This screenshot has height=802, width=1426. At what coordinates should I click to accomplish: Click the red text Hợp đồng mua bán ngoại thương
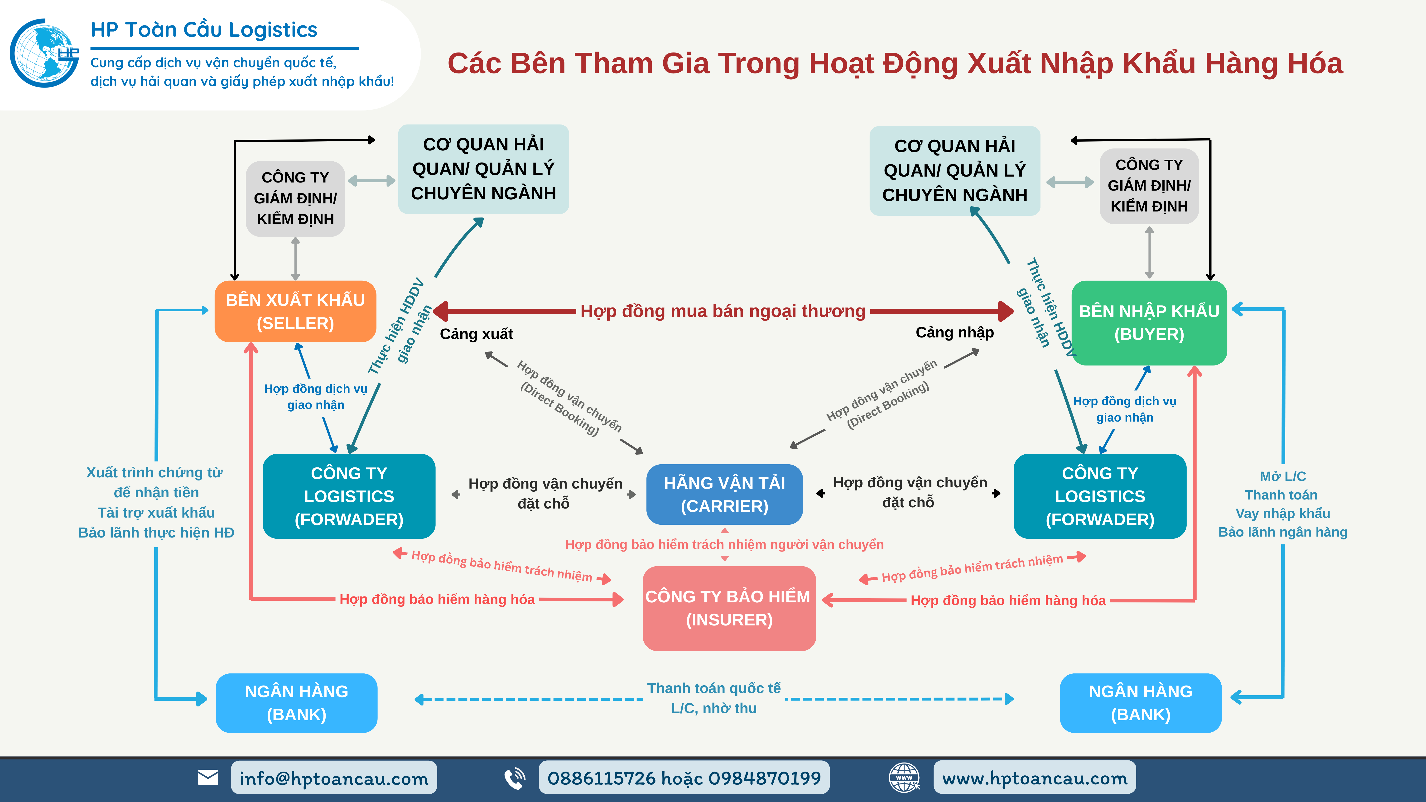click(723, 311)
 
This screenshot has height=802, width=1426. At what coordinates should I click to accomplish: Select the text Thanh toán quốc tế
click(713, 688)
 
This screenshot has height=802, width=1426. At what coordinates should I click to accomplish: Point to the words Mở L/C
click(1283, 476)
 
